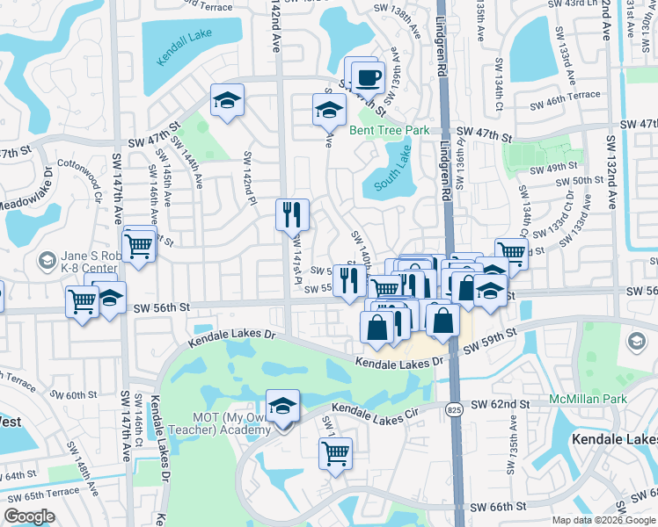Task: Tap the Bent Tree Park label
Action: pos(389,130)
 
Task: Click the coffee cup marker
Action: pos(368,77)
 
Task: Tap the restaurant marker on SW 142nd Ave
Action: pos(292,214)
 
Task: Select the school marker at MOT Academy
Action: pos(282,407)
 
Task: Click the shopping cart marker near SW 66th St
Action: pos(335,453)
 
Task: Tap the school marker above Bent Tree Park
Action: pos(329,111)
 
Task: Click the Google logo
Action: pos(29,516)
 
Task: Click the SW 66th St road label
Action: pos(497,507)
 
